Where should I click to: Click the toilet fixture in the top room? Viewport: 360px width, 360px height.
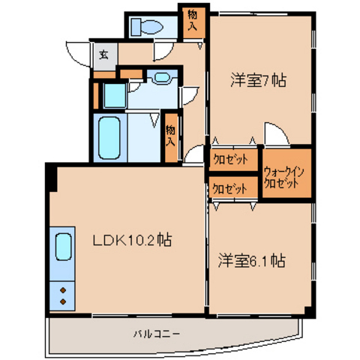147,27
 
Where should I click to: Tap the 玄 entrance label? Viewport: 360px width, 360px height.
103,55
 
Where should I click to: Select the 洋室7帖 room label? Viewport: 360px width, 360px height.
258,80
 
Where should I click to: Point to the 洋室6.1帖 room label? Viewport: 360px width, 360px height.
252,260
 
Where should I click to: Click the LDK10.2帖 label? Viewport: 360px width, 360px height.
132,240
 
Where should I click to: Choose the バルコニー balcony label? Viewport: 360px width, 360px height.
156,334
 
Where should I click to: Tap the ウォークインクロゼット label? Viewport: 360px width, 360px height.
283,178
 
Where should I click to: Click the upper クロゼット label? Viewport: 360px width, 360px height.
230,160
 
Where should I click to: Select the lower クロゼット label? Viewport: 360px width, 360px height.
229,188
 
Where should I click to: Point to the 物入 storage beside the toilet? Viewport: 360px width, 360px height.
193,21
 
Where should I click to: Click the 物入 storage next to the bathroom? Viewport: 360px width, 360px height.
171,136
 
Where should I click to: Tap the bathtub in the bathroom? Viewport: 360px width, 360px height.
109,138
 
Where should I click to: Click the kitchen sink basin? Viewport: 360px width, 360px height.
64,247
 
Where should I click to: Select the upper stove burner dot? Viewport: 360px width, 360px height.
63,290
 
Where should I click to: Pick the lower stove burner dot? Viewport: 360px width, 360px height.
63,301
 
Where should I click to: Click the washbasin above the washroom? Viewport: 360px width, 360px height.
162,77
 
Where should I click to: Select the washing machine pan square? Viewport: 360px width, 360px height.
115,95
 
